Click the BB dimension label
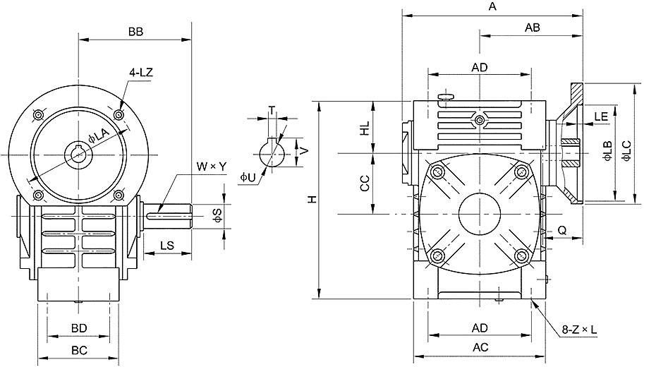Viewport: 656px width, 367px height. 135,32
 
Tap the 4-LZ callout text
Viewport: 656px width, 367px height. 141,73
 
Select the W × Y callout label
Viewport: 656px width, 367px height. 212,167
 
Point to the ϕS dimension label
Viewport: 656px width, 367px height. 217,215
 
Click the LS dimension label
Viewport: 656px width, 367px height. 167,245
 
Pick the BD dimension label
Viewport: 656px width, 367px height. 79,328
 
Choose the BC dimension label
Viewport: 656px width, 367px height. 79,350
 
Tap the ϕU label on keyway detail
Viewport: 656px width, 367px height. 248,177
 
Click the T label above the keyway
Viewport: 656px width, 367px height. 272,111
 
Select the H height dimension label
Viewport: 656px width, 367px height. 312,200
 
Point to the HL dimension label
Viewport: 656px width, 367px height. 365,128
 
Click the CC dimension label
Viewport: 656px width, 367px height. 365,183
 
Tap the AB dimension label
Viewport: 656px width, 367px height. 532,28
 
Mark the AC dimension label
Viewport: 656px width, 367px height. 480,347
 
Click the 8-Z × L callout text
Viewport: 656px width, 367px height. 579,330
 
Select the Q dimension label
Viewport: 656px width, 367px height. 562,230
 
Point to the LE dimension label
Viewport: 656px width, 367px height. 601,116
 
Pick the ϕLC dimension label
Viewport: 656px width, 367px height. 626,150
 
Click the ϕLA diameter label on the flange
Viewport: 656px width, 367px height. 99,136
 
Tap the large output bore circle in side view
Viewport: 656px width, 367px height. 480,194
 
